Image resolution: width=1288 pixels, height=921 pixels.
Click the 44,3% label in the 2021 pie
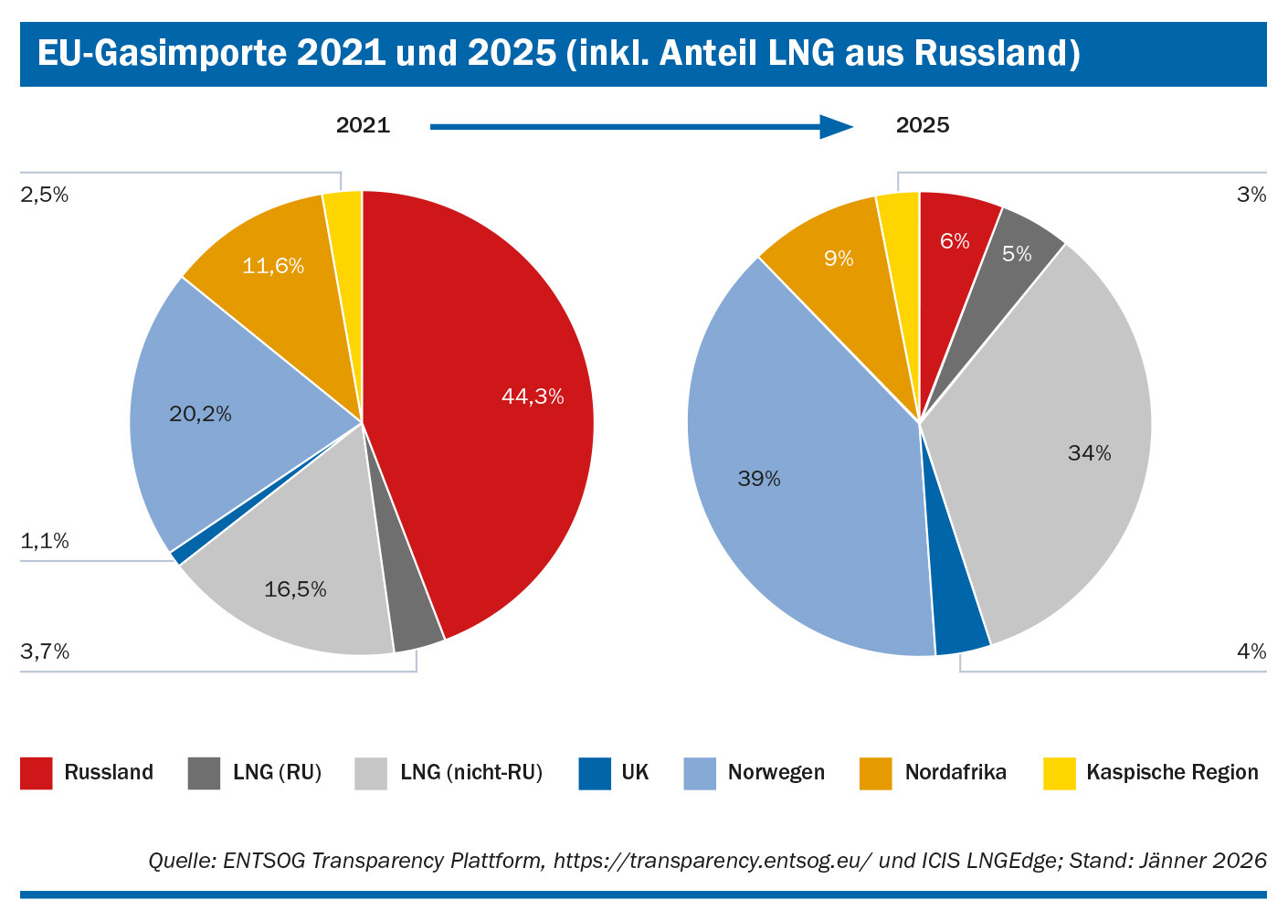533,397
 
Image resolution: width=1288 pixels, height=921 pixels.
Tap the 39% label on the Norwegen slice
759,479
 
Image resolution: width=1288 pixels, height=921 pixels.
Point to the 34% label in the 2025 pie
1089,453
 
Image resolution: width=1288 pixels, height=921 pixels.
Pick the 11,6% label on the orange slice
272,266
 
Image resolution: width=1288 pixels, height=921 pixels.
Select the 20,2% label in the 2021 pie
200,414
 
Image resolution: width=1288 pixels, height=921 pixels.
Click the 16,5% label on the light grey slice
295,589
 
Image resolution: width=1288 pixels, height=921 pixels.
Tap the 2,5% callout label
45,195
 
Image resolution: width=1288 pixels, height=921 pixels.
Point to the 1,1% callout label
45,541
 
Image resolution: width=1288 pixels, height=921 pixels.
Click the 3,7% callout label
45,651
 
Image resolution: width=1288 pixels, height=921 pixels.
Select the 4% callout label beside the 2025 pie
1251,651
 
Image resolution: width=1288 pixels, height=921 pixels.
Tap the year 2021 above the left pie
363,125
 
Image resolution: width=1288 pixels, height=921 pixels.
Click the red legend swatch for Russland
37,773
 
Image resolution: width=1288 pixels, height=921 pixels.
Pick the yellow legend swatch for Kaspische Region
1060,773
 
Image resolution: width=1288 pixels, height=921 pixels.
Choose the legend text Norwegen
776,773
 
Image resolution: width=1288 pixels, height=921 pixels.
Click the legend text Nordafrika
955,773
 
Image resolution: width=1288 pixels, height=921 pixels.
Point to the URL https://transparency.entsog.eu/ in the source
713,861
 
